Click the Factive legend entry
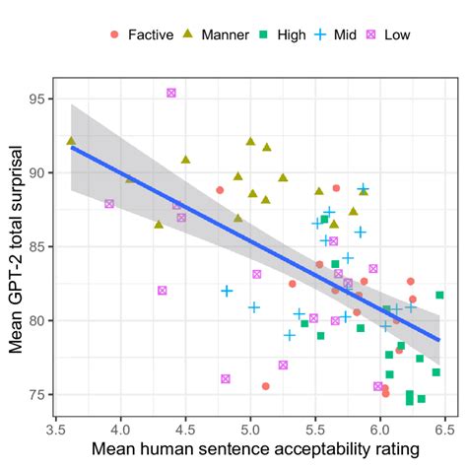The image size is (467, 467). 138,34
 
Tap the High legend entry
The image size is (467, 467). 284,34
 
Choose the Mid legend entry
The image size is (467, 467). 344,34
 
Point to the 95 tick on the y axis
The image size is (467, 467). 45,99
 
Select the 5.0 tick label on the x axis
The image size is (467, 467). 250,429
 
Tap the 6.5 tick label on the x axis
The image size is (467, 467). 444,429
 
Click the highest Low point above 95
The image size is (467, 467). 171,93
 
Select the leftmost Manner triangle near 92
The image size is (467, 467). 71,141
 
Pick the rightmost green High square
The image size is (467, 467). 439,295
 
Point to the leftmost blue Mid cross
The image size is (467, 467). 228,291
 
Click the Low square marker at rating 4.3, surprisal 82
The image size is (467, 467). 162,291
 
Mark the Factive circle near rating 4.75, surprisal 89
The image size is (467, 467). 220,190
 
